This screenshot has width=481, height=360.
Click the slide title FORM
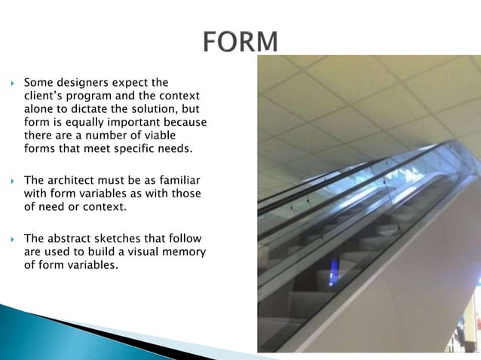[240, 41]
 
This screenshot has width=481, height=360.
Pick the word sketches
[124, 238]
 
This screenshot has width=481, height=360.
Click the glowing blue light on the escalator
[334, 271]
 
